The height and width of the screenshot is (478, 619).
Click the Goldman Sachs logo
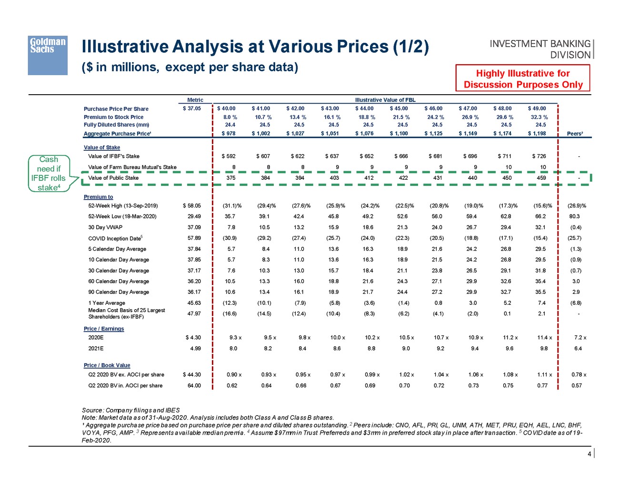[x=48, y=55]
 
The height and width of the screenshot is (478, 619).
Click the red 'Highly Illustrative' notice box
[x=523, y=78]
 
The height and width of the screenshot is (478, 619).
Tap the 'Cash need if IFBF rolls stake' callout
[x=49, y=173]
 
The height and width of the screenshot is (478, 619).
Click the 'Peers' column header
[x=575, y=134]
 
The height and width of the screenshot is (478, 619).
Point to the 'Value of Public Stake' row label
[x=113, y=178]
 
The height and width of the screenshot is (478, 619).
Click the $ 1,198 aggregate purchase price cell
[x=537, y=134]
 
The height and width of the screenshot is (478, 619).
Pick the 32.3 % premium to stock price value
[x=539, y=117]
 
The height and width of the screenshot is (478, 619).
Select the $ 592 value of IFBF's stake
[x=229, y=156]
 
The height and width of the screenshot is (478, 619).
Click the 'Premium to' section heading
[x=99, y=197]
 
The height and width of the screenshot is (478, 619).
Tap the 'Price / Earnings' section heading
[x=104, y=329]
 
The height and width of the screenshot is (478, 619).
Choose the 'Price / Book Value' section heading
[x=107, y=365]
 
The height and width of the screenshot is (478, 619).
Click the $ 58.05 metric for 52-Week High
[x=192, y=206]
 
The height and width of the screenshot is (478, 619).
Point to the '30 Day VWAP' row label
[x=105, y=227]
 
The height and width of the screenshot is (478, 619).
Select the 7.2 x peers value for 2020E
[x=580, y=338]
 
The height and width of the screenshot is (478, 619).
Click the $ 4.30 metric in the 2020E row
[x=193, y=338]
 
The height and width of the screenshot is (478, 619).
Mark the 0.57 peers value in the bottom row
[x=577, y=386]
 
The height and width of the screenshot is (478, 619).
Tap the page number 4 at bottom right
[x=589, y=454]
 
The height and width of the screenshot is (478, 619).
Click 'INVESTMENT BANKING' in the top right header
[x=539, y=44]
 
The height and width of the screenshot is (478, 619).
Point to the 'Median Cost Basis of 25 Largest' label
[x=127, y=310]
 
